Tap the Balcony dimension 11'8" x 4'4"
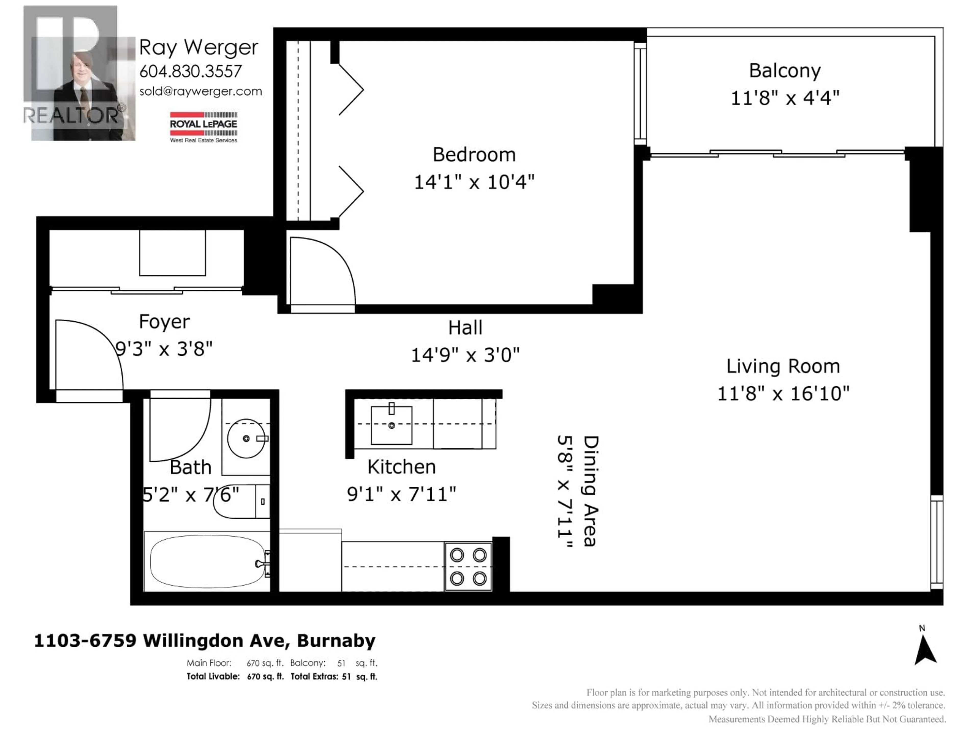coord(785,98)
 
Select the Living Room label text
coord(783,366)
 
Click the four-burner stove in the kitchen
coord(468,567)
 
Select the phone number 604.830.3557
coord(190,71)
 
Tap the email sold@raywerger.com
coord(201,91)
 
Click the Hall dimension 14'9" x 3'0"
coord(465,355)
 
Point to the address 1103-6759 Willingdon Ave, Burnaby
coord(205,641)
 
